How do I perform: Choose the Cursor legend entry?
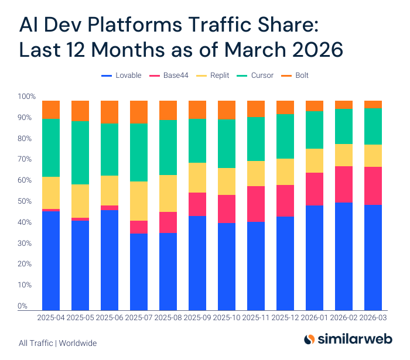tap(258, 76)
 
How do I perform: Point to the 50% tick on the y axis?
tap(27, 201)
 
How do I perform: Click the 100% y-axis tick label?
tap(26, 97)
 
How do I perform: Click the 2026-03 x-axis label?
tap(373, 318)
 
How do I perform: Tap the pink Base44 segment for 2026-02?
tap(344, 184)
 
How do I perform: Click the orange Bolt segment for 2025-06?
tap(110, 112)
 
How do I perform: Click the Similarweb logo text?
tap(357, 340)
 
